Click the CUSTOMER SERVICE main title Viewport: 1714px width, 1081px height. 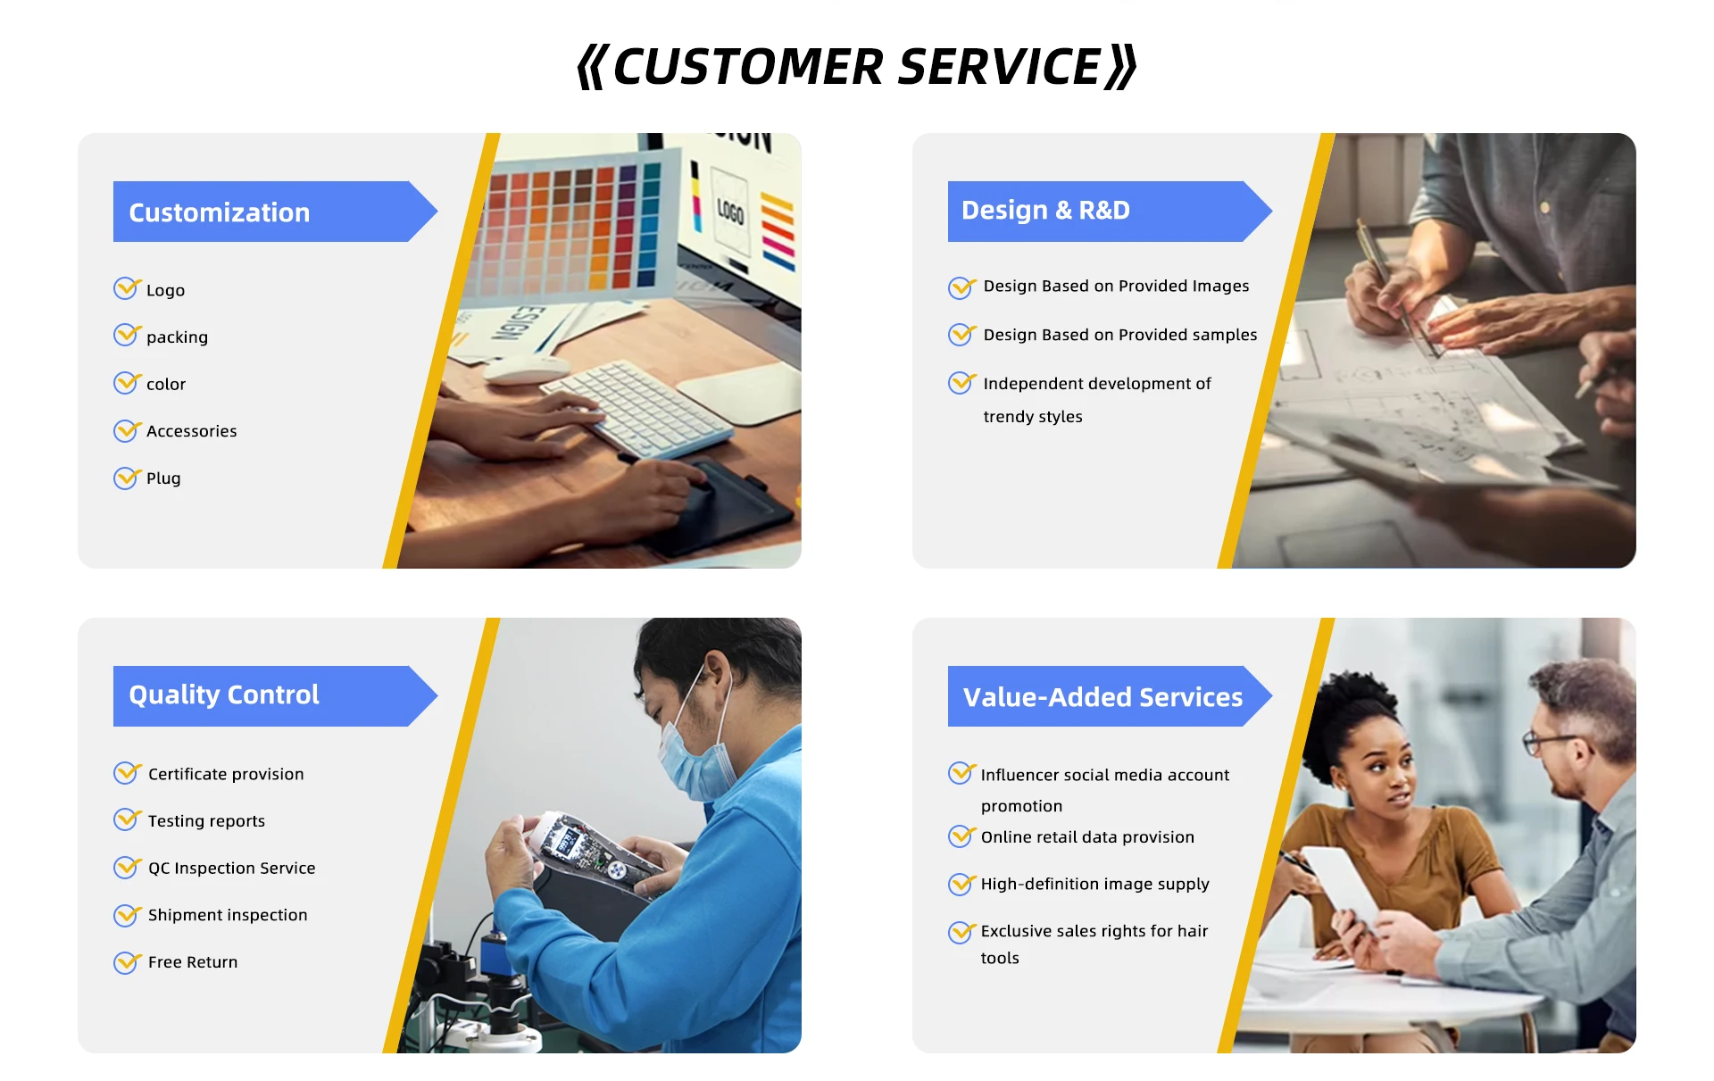pyautogui.click(x=857, y=67)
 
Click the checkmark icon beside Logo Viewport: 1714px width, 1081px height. pyautogui.click(x=128, y=287)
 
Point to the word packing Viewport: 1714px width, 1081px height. pyautogui.click(x=177, y=337)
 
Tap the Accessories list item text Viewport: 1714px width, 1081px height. pyautogui.click(x=192, y=431)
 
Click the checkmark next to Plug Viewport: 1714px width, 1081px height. pyautogui.click(x=128, y=478)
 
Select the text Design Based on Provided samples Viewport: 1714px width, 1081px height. pyautogui.click(x=1120, y=335)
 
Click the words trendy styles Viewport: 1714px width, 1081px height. pyautogui.click(x=1033, y=417)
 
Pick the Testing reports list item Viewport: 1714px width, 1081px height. pyautogui.click(x=206, y=821)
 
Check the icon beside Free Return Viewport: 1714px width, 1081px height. pyautogui.click(x=128, y=961)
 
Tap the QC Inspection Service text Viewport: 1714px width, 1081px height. pyautogui.click(x=232, y=868)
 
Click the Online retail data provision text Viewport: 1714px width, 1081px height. pyautogui.click(x=1087, y=837)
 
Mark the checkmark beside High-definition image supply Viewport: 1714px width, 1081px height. pyautogui.click(x=962, y=883)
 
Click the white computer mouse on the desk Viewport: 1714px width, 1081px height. pyautogui.click(x=527, y=369)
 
